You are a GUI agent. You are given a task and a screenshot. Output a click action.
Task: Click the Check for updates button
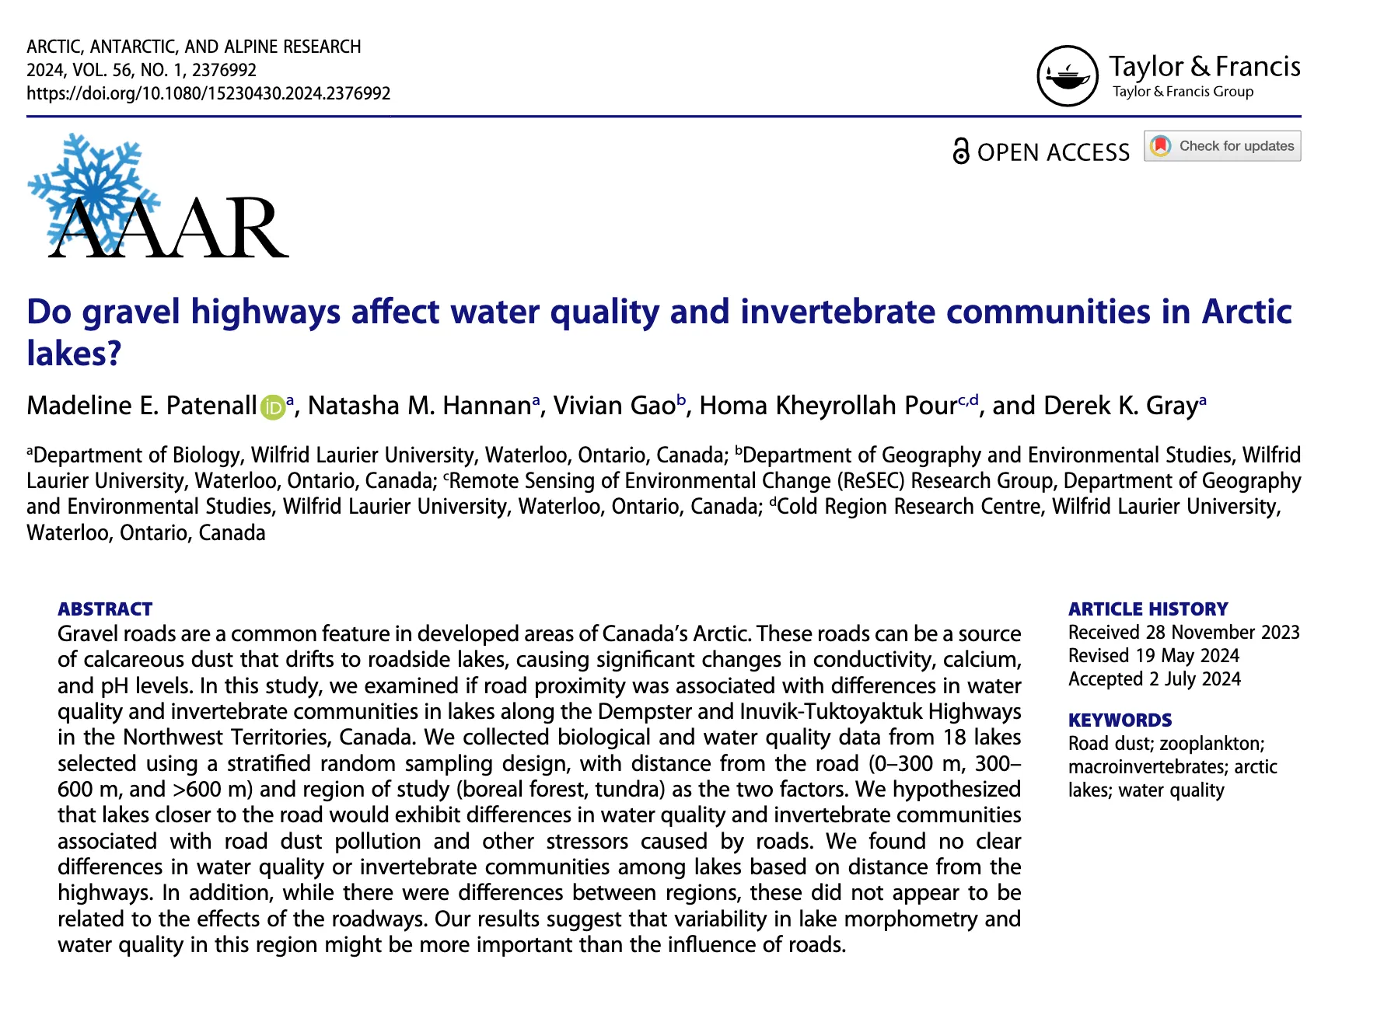pos(1222,146)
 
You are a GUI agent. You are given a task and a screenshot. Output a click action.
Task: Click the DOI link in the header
pos(208,94)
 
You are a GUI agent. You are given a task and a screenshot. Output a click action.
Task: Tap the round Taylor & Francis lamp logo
pos(1068,76)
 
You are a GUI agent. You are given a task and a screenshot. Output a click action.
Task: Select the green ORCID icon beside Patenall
pos(272,407)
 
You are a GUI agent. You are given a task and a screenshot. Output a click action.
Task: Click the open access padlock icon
pos(961,151)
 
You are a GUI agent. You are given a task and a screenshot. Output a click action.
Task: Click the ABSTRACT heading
pos(105,609)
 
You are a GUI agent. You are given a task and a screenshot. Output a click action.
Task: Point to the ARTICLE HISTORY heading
pos(1148,609)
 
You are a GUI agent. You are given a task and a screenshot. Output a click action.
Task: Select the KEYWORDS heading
pos(1120,720)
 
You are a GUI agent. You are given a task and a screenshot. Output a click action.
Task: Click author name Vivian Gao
pos(614,406)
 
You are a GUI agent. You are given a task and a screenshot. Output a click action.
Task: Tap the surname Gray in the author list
pos(1172,406)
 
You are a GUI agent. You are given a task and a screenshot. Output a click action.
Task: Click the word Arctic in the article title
pos(1246,312)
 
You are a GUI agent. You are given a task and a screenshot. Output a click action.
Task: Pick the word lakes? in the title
pos(74,354)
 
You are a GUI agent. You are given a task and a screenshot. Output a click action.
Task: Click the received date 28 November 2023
pos(1222,633)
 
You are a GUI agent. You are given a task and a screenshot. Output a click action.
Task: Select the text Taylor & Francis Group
pos(1183,92)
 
